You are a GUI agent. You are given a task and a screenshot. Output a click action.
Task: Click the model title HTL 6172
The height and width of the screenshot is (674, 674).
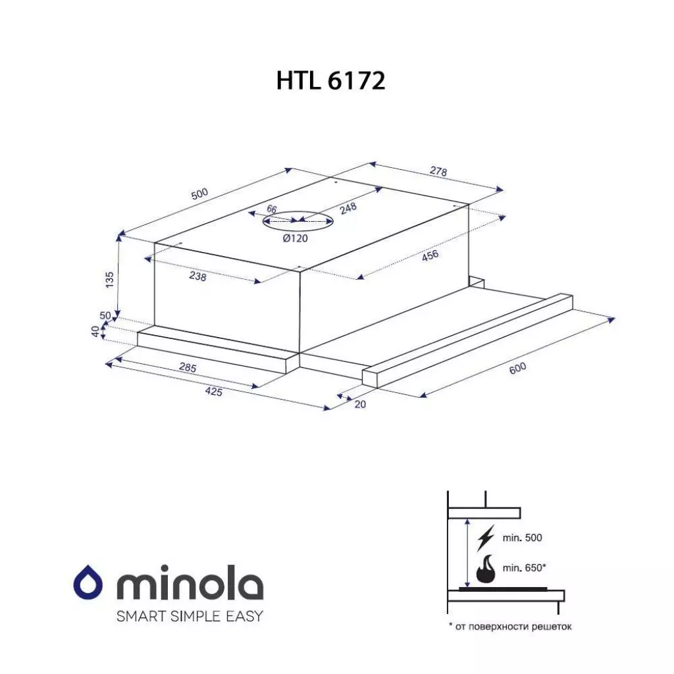(x=330, y=80)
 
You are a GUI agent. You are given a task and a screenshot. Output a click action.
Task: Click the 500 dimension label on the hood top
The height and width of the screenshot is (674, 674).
(x=199, y=194)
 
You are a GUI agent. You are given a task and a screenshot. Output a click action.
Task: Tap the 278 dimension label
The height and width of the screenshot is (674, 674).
(x=438, y=172)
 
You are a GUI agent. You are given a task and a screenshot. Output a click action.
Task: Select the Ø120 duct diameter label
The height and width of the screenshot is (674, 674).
(x=295, y=238)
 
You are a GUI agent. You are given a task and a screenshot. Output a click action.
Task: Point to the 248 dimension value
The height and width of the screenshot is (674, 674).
(x=348, y=209)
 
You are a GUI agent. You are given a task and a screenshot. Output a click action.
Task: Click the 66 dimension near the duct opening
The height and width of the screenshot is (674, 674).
(x=271, y=209)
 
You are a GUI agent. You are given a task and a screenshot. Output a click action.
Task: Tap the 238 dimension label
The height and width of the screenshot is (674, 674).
(x=197, y=277)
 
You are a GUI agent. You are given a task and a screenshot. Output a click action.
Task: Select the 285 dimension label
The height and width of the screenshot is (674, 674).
(x=188, y=368)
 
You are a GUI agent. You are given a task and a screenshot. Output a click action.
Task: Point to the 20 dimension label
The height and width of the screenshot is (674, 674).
(x=359, y=404)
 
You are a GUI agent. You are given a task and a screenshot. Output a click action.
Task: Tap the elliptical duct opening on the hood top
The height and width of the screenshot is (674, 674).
(x=298, y=222)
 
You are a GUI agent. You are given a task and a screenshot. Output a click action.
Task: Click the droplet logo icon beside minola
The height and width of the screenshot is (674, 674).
(x=89, y=582)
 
